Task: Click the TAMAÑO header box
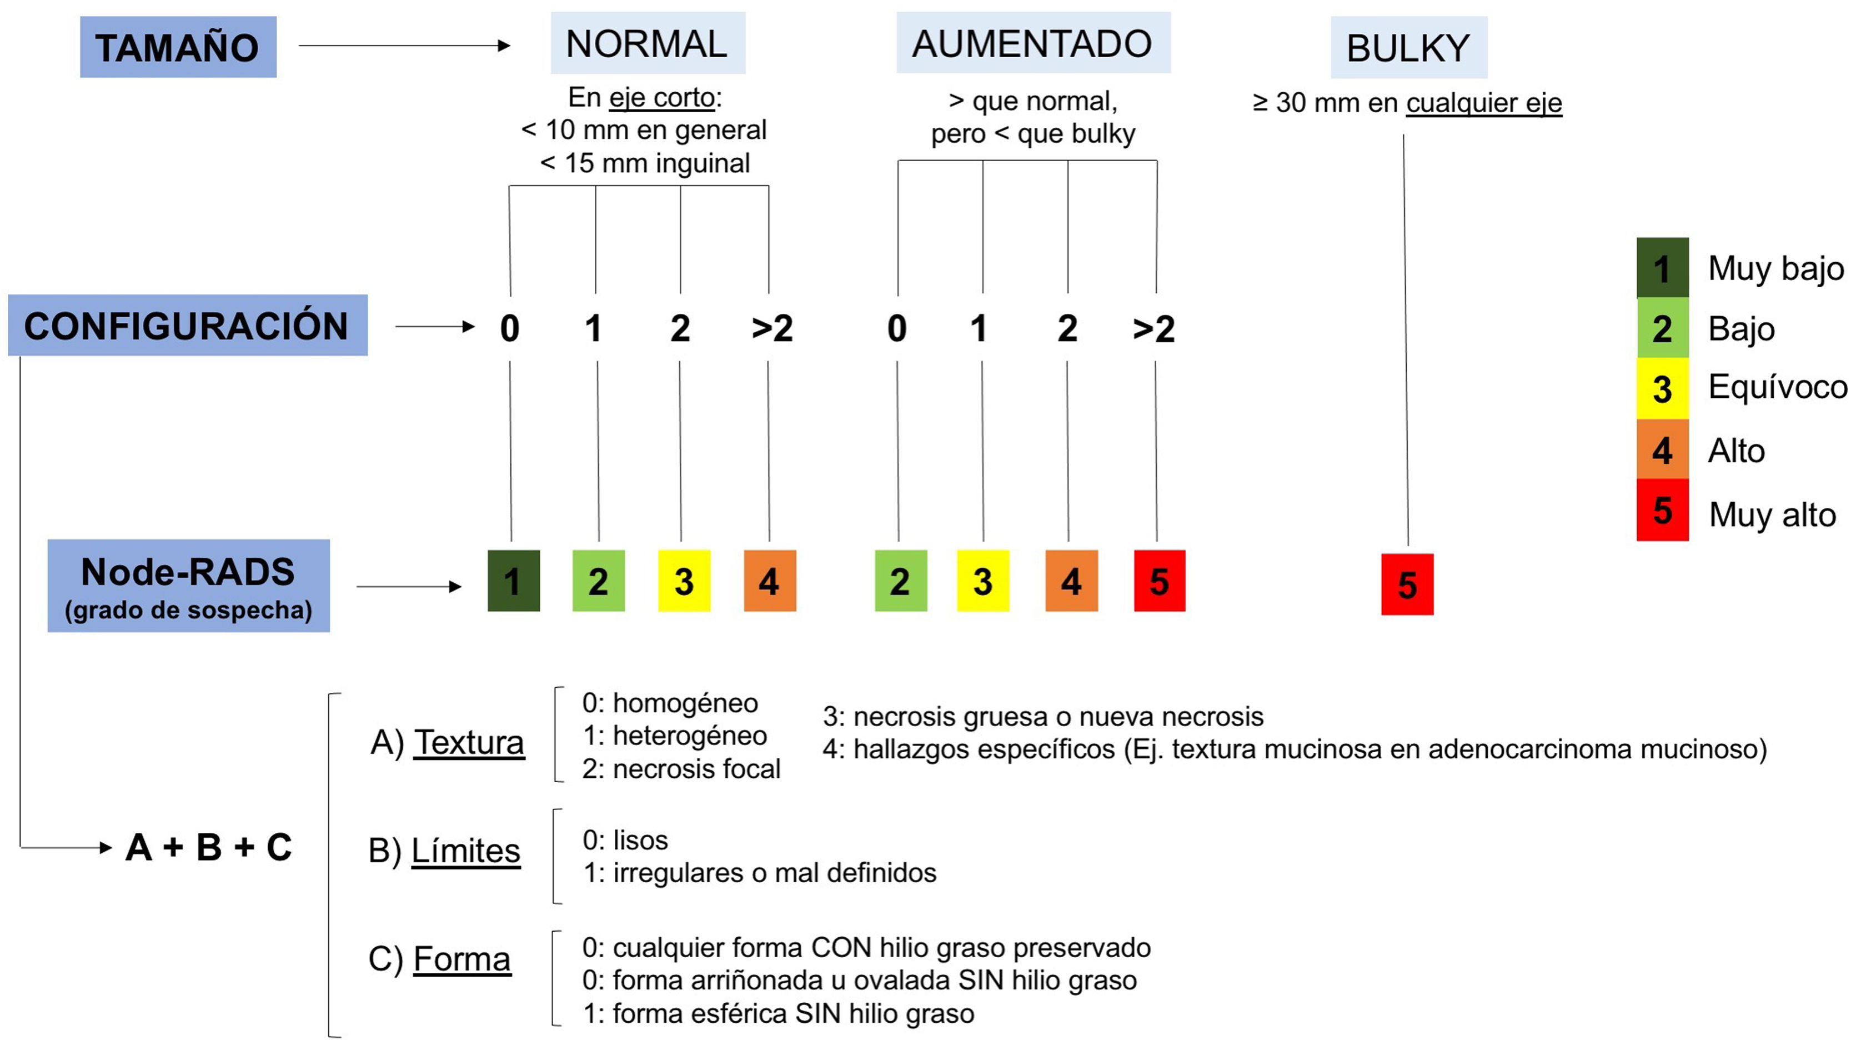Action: pos(178,47)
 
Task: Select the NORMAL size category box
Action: pos(648,43)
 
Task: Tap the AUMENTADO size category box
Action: pos(1032,43)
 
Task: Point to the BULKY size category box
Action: pos(1408,47)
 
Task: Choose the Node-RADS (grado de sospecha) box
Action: pos(188,586)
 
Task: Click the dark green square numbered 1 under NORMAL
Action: pos(513,581)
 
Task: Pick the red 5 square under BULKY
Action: pos(1407,584)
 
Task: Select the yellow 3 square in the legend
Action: pos(1662,389)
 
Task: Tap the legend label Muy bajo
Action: pos(1775,269)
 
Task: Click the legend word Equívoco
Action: pos(1777,387)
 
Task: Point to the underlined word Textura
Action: pos(469,742)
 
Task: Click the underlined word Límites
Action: pos(465,851)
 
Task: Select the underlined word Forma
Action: pos(462,959)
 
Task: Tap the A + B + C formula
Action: pos(208,847)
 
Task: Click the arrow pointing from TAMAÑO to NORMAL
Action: pos(404,46)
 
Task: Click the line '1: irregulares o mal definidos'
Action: pos(760,873)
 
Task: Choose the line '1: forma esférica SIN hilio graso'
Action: pos(778,1014)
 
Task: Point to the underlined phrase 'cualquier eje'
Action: pos(1484,103)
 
